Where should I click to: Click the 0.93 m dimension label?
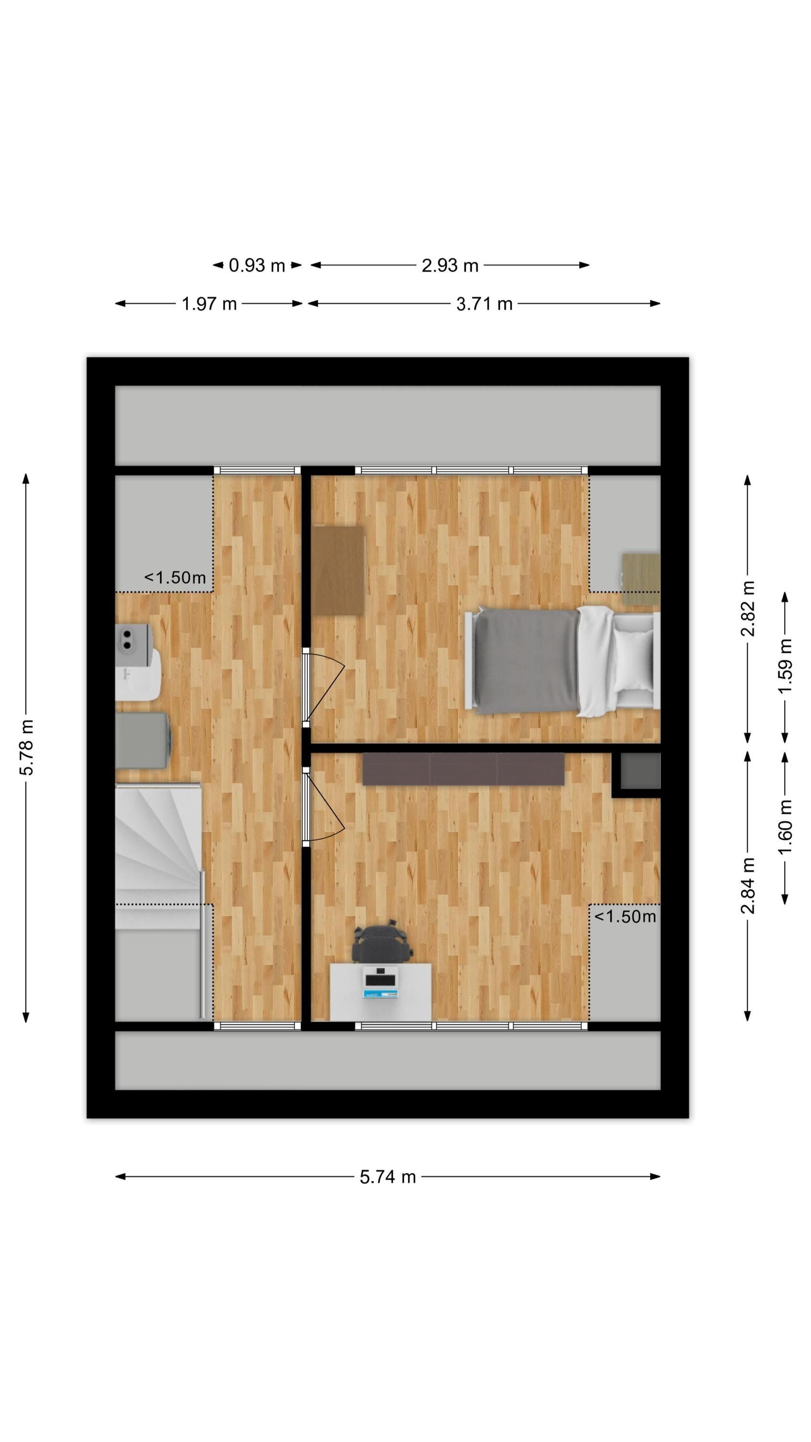click(x=257, y=265)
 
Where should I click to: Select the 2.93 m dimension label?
click(x=450, y=265)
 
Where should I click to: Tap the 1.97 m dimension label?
click(x=209, y=303)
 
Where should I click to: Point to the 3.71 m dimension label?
click(x=484, y=303)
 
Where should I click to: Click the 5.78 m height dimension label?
click(x=26, y=747)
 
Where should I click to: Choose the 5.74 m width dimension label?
click(x=387, y=1177)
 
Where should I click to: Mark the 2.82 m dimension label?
click(x=748, y=609)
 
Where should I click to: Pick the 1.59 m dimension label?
click(x=785, y=666)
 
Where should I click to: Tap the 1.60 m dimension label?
click(x=785, y=827)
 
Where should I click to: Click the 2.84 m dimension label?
click(x=748, y=885)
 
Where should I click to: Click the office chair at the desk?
click(x=382, y=943)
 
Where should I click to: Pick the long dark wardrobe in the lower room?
click(x=464, y=769)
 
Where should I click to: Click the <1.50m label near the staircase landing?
click(x=175, y=577)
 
